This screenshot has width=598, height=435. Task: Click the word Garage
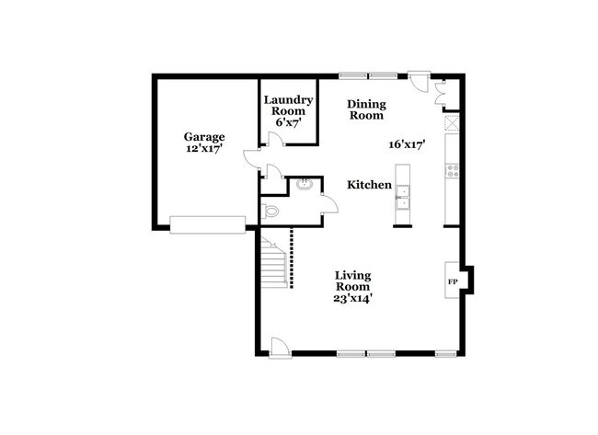[204, 137]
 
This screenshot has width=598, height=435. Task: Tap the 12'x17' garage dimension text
[204, 149]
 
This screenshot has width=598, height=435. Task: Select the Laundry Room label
[289, 105]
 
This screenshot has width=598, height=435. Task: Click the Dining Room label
[365, 109]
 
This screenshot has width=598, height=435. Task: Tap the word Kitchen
[369, 185]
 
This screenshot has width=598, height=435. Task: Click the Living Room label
[352, 280]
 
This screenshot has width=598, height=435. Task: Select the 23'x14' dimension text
[352, 298]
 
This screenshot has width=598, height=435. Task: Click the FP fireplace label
[452, 280]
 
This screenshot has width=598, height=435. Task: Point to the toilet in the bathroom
[270, 211]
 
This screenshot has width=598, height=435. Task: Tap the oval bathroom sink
[305, 185]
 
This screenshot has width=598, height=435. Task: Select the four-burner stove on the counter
[451, 169]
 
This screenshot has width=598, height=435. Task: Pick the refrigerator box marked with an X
[451, 123]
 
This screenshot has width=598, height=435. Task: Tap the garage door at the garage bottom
[207, 223]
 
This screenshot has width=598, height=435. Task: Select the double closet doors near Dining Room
[440, 89]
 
